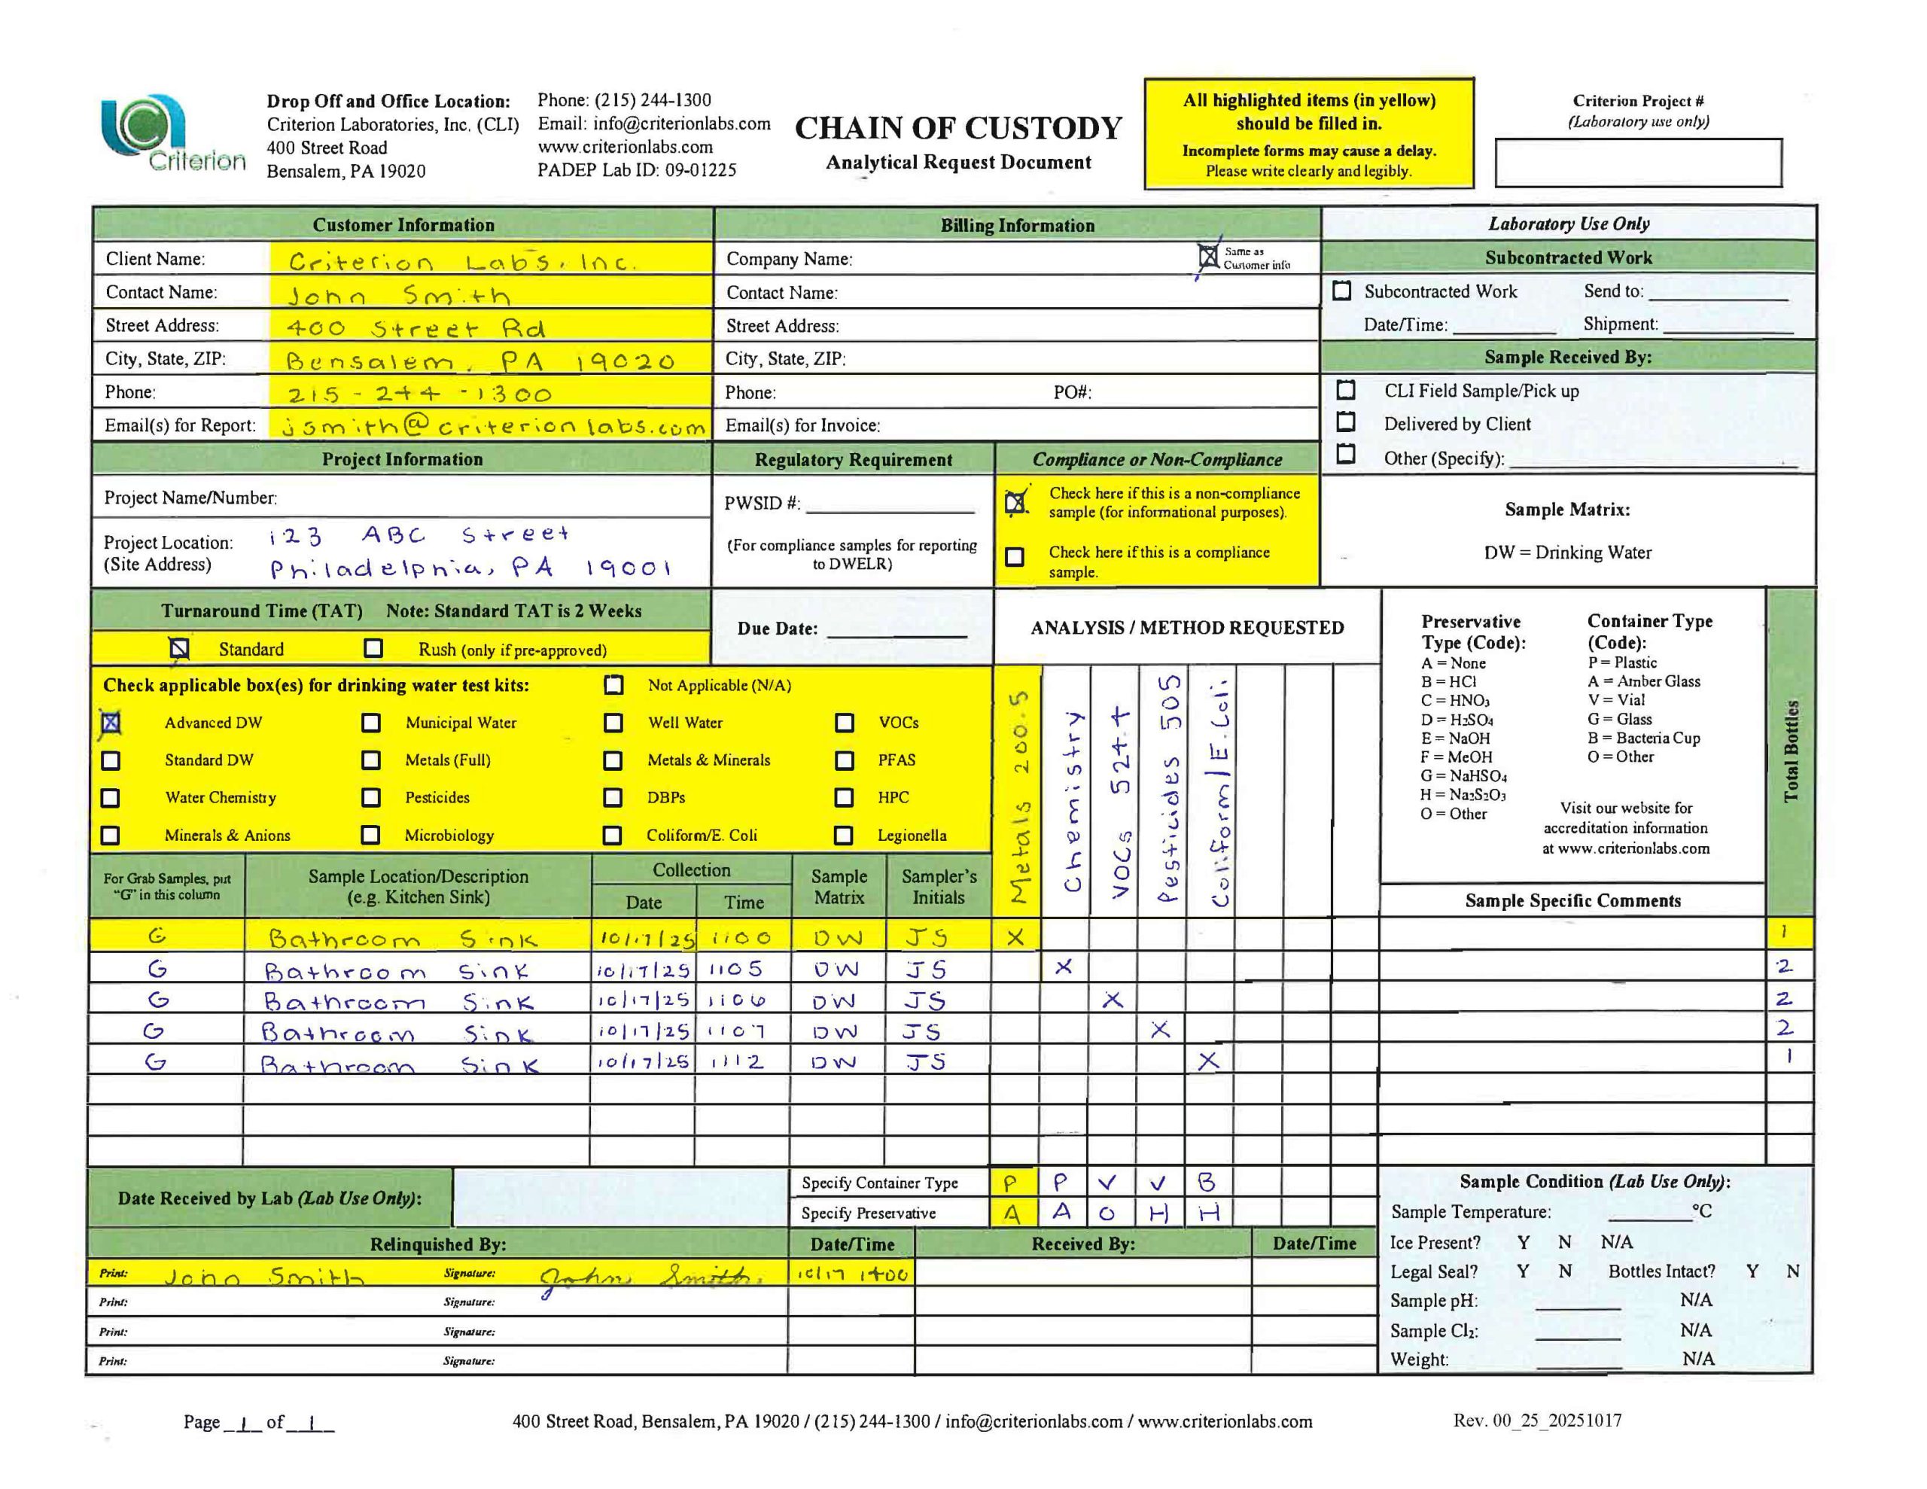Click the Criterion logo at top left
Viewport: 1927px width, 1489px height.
pyautogui.click(x=172, y=134)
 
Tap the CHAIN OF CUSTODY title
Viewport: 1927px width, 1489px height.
pyautogui.click(x=957, y=129)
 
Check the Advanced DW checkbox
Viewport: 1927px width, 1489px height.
pyautogui.click(x=111, y=723)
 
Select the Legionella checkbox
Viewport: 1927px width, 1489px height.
pyautogui.click(x=844, y=835)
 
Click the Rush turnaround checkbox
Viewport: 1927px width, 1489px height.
pyautogui.click(x=373, y=649)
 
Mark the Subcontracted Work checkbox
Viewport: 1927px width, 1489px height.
pyautogui.click(x=1341, y=291)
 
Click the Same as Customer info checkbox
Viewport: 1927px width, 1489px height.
pyautogui.click(x=1208, y=257)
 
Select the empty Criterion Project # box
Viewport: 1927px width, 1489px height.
pyautogui.click(x=1638, y=163)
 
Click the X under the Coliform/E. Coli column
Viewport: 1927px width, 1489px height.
pyautogui.click(x=1208, y=1061)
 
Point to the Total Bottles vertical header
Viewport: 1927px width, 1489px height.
pyautogui.click(x=1790, y=751)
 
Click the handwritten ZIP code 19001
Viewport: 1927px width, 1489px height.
pyautogui.click(x=629, y=568)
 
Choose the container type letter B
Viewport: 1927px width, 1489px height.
pyautogui.click(x=1207, y=1182)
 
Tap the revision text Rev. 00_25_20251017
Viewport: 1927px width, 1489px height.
pyautogui.click(x=1536, y=1420)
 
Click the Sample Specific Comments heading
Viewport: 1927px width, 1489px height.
pyautogui.click(x=1572, y=900)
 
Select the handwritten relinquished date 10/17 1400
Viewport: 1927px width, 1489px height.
pyautogui.click(x=851, y=1274)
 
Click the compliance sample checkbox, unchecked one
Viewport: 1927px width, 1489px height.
pyautogui.click(x=1015, y=557)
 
